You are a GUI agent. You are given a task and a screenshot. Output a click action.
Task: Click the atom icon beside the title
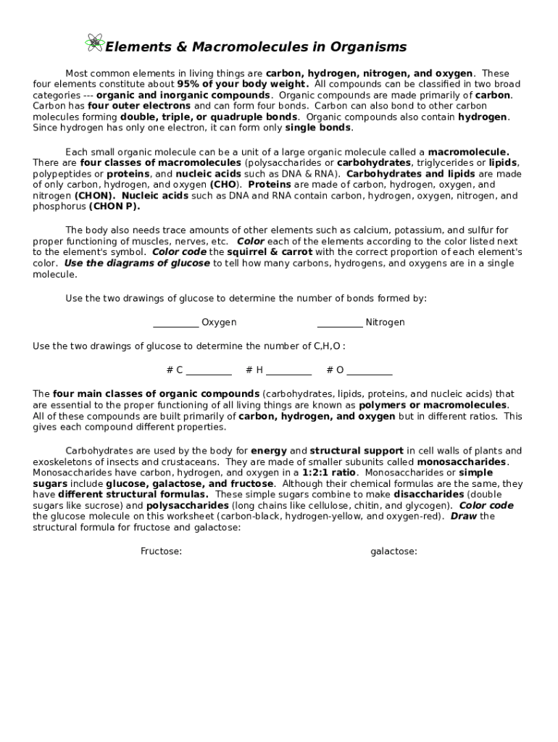94,43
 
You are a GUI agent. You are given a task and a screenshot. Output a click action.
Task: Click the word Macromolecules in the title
225,48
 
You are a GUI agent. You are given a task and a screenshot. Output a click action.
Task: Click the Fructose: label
161,551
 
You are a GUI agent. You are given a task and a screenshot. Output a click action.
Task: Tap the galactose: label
393,551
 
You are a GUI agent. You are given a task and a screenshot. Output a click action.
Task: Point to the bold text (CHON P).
114,207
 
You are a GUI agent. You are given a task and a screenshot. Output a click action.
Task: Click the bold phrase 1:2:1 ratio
322,472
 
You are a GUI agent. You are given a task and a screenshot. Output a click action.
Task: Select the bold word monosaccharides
462,462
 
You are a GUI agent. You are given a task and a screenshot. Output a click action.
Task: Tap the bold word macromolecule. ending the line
468,152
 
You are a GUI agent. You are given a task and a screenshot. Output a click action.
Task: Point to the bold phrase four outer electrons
139,106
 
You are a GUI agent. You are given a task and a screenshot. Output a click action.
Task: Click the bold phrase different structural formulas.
133,494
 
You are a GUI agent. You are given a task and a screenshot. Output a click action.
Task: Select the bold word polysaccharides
187,505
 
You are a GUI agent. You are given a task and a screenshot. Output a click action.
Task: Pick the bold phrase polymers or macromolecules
433,405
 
